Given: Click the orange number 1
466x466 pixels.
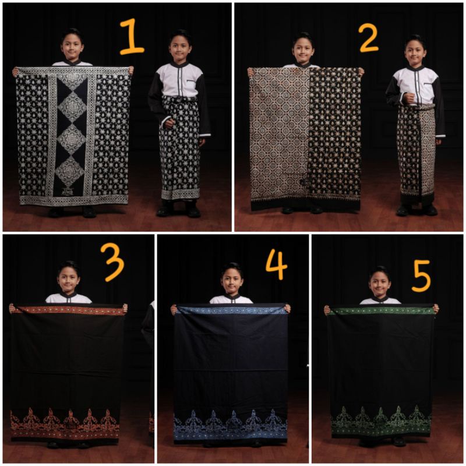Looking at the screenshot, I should pos(132,36).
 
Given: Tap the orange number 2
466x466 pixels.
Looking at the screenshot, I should pos(368,38).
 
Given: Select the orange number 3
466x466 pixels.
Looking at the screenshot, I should pos(112,262).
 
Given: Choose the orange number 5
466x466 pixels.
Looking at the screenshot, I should pos(421,276).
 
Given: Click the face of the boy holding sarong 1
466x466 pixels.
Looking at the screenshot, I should pos(72,47).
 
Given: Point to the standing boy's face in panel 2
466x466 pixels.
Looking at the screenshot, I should pos(415,52).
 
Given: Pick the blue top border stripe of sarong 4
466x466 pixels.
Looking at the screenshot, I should pos(231,310).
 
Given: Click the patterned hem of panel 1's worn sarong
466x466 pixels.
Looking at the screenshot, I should pos(180,194).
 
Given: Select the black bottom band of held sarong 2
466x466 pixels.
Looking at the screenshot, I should pos(306,204).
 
